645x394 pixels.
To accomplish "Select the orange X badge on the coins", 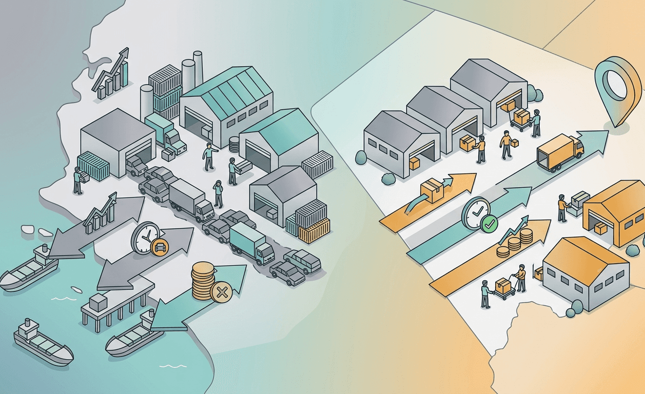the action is click(221, 293).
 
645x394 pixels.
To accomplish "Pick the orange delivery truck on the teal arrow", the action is click(560, 151).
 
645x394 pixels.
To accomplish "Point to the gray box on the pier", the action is click(98, 302).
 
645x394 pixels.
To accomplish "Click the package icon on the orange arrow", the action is click(432, 191).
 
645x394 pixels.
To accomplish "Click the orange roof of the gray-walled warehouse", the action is click(585, 255).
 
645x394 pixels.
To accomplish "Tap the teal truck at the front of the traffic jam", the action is click(251, 245).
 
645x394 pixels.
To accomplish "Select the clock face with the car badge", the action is click(145, 237).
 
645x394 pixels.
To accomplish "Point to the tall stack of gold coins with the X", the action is click(203, 280).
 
